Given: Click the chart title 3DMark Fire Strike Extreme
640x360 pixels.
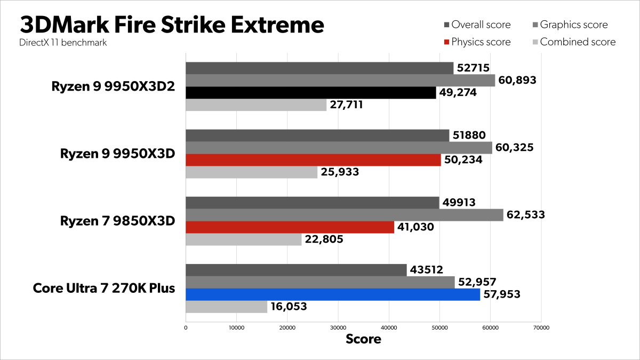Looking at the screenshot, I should pyautogui.click(x=172, y=25).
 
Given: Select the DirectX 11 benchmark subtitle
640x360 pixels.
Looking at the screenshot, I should pyautogui.click(x=62, y=43).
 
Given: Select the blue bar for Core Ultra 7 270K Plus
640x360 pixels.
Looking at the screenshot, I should pyautogui.click(x=332, y=294).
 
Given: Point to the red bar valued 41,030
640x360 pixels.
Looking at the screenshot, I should pyautogui.click(x=290, y=227).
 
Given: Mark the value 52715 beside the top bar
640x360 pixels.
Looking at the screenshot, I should pyautogui.click(x=474, y=68).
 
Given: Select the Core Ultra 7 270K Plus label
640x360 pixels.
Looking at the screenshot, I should pyautogui.click(x=104, y=289).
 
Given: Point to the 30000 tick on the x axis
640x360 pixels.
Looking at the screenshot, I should pyautogui.click(x=338, y=327).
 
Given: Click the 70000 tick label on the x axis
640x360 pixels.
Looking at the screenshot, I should pyautogui.click(x=541, y=327).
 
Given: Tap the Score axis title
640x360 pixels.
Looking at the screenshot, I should pyautogui.click(x=363, y=339).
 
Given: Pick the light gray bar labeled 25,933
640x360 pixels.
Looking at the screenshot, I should pyautogui.click(x=251, y=172).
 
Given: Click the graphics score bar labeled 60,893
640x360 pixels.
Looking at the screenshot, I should pyautogui.click(x=340, y=81).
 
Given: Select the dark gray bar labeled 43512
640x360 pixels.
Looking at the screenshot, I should pyautogui.click(x=296, y=270).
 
